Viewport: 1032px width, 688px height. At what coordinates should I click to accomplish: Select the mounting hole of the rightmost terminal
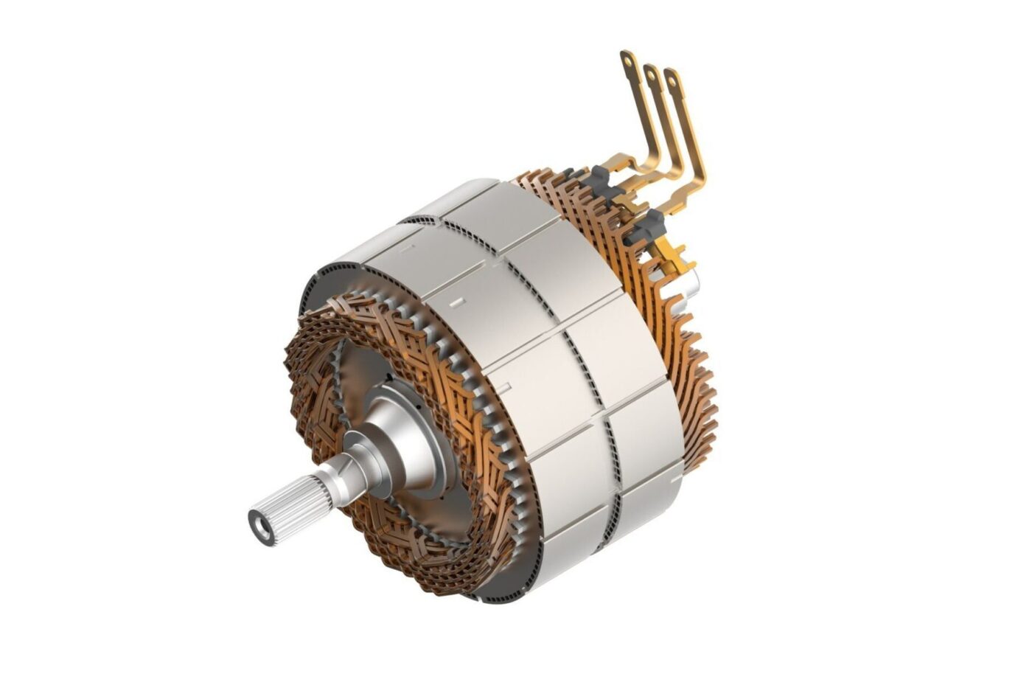(672, 77)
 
